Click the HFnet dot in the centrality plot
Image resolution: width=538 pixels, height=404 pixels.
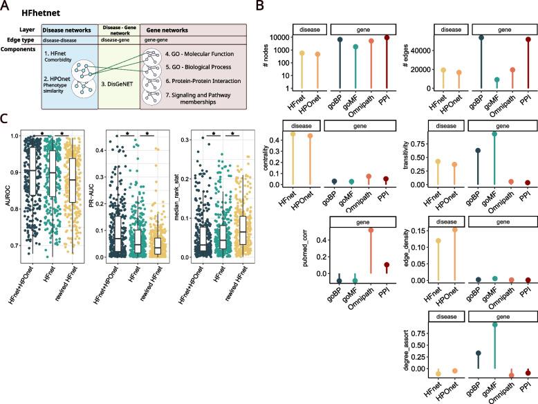tap(301, 133)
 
